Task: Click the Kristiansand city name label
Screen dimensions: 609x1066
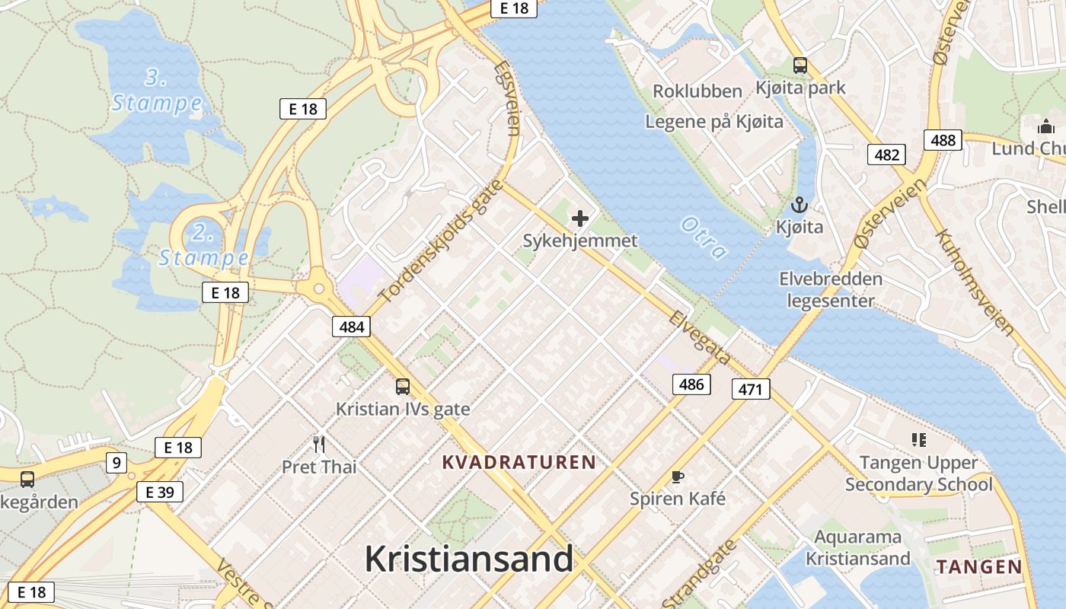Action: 468,560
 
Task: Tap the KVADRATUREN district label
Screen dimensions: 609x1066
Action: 519,462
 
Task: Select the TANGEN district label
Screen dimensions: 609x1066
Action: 979,566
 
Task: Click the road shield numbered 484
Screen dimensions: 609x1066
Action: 351,327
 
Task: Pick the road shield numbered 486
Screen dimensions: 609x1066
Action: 691,384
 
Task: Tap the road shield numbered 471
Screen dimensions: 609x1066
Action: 751,390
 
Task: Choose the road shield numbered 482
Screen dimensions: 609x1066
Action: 887,155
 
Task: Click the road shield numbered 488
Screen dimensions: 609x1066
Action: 943,140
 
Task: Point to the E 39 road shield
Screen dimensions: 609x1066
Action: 160,493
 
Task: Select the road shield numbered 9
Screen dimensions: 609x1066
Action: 116,462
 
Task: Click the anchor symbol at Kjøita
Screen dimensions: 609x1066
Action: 799,205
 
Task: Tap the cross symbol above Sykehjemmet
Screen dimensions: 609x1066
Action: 580,219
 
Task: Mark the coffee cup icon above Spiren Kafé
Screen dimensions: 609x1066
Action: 677,477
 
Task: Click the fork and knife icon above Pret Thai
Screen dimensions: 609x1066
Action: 319,444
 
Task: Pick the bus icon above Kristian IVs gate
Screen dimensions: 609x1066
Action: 403,387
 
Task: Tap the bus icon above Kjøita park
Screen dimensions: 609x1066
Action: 799,65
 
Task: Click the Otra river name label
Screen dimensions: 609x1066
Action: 704,238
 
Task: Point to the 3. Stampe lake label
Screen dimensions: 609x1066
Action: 157,91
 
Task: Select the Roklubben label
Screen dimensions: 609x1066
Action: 697,91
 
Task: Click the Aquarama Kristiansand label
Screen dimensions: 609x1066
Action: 858,548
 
